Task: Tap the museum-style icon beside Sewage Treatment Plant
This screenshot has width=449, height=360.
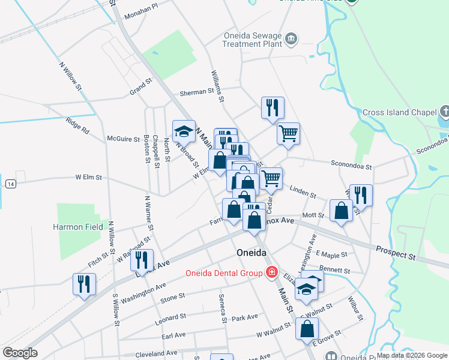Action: point(291,39)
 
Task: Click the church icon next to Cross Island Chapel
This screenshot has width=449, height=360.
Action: point(444,111)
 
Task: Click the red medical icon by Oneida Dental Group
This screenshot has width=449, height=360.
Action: point(271,273)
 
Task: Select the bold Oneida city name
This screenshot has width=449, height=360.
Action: point(250,253)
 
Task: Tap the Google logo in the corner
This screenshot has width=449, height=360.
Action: point(20,353)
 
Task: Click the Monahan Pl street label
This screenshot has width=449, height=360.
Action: point(141,5)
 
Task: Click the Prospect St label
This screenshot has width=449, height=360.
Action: point(396,253)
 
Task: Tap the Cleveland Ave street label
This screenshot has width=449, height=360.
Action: point(155,353)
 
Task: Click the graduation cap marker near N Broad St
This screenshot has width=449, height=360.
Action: point(184,131)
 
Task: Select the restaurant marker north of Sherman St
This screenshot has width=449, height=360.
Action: point(273,107)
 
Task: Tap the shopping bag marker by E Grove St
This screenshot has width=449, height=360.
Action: point(307,328)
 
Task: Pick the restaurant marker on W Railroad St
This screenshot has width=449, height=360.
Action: point(142,260)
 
